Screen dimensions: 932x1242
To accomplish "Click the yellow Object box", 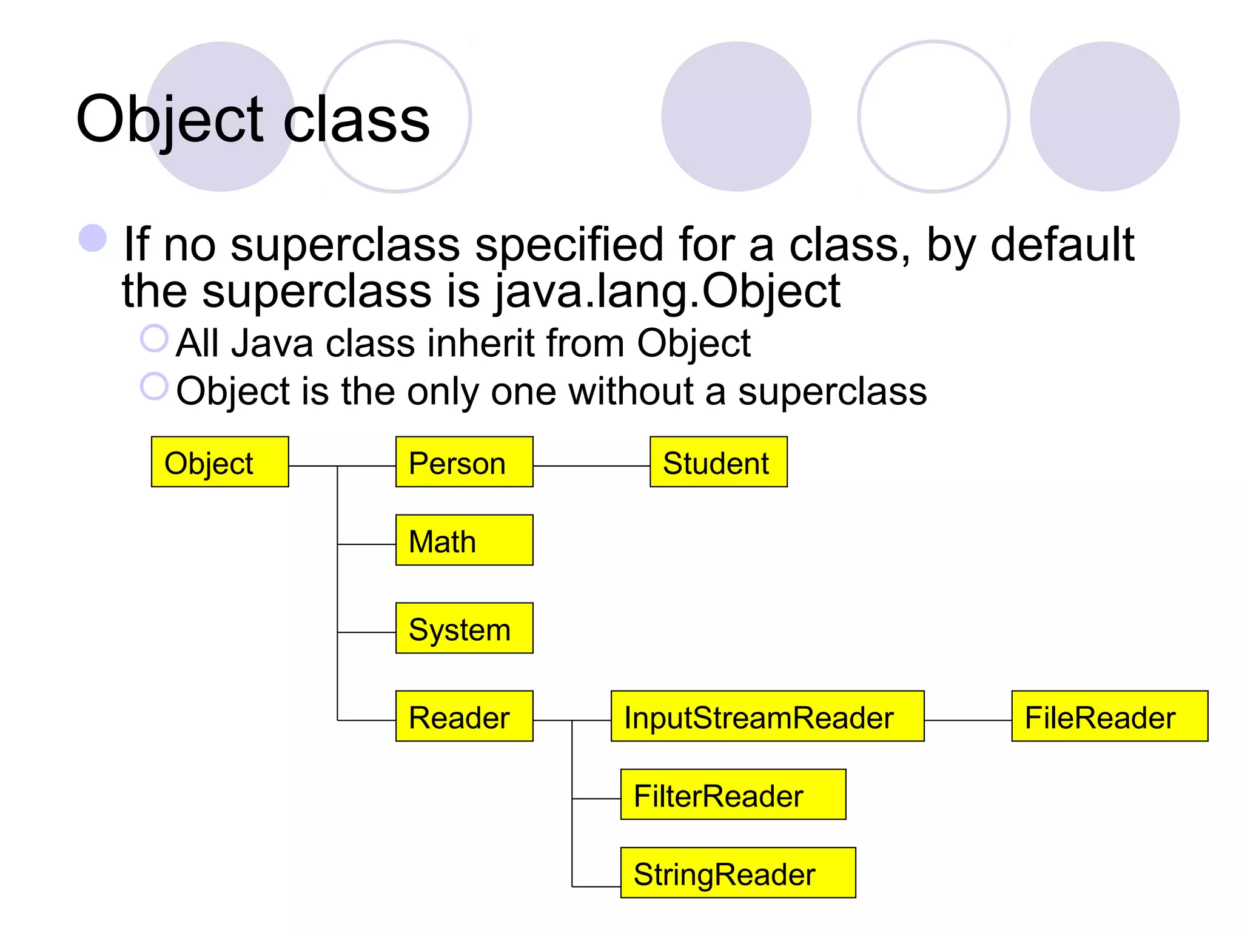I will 220,462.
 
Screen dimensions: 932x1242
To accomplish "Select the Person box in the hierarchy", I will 464,462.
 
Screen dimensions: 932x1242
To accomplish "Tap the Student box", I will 718,462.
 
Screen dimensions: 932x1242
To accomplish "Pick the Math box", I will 464,540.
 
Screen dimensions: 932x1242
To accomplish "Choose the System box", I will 464,628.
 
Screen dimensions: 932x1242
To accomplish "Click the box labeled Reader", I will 464,716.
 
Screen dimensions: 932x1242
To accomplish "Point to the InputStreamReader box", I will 767,716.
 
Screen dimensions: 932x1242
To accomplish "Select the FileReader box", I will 1109,716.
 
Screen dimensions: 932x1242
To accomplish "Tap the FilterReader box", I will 733,794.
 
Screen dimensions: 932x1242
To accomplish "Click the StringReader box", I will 737,873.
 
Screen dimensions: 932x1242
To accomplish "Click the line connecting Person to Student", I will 591,466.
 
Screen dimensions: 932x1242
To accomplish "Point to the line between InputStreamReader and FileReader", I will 968,720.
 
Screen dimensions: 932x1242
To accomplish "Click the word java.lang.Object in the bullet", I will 667,291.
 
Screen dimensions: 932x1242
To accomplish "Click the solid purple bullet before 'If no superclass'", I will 93,238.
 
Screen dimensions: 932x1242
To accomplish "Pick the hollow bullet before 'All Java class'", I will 154,339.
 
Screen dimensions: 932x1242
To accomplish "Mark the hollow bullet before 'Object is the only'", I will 154,387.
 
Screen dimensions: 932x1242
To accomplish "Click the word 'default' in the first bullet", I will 1061,244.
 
